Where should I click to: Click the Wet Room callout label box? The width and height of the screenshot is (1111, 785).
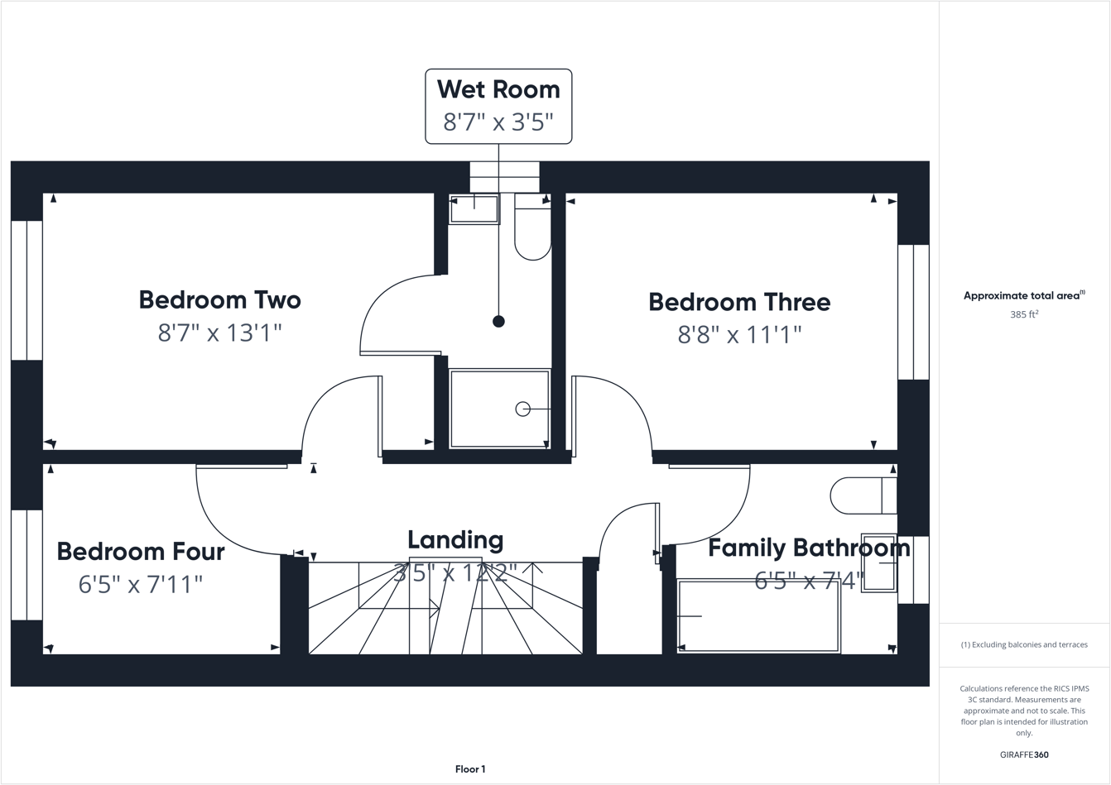click(x=498, y=106)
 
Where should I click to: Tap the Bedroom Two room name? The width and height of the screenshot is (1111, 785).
click(x=219, y=299)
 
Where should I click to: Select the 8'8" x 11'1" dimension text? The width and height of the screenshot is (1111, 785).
click(x=739, y=334)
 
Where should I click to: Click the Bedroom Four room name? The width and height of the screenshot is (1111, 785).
click(x=141, y=552)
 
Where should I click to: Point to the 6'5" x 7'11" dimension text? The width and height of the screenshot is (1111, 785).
click(x=141, y=584)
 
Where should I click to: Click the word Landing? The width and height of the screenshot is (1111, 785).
click(x=455, y=540)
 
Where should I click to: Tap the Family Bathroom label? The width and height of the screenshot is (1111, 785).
click(x=809, y=548)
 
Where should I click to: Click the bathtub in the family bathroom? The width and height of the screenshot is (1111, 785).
click(x=758, y=616)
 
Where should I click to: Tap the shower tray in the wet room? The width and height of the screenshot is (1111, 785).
click(x=499, y=409)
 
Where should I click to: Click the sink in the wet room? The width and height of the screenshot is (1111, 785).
click(x=474, y=209)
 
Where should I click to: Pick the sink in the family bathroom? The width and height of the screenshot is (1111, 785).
click(x=878, y=563)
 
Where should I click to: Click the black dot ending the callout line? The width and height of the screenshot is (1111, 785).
click(x=498, y=322)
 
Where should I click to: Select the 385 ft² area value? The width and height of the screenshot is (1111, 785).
click(x=1024, y=314)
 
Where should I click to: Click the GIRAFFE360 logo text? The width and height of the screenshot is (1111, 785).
click(x=1024, y=754)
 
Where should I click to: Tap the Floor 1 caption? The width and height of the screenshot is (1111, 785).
click(x=470, y=769)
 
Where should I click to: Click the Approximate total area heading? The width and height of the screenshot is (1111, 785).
click(x=1023, y=295)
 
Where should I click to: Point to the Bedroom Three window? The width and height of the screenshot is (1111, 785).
click(x=913, y=312)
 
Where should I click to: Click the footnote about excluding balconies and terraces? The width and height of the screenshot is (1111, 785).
click(x=1024, y=644)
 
